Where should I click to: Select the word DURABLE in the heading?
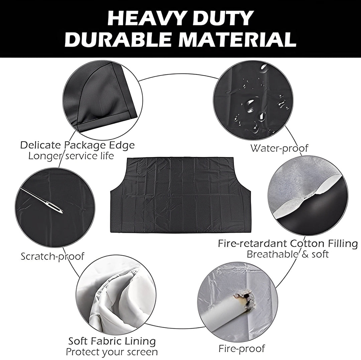(x=117, y=40)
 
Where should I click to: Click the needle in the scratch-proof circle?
(x=42, y=200)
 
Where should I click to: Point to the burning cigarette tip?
(x=246, y=298)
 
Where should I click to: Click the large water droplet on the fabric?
(x=250, y=106)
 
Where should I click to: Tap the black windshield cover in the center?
(x=180, y=194)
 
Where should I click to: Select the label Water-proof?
(x=279, y=148)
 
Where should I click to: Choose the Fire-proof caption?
(x=241, y=349)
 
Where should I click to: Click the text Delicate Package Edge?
(x=78, y=145)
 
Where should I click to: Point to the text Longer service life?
(x=71, y=156)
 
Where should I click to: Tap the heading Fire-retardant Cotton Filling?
(x=288, y=243)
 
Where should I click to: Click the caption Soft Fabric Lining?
(x=112, y=341)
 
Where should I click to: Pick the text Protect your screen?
(x=112, y=352)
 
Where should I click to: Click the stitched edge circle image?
(x=100, y=97)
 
